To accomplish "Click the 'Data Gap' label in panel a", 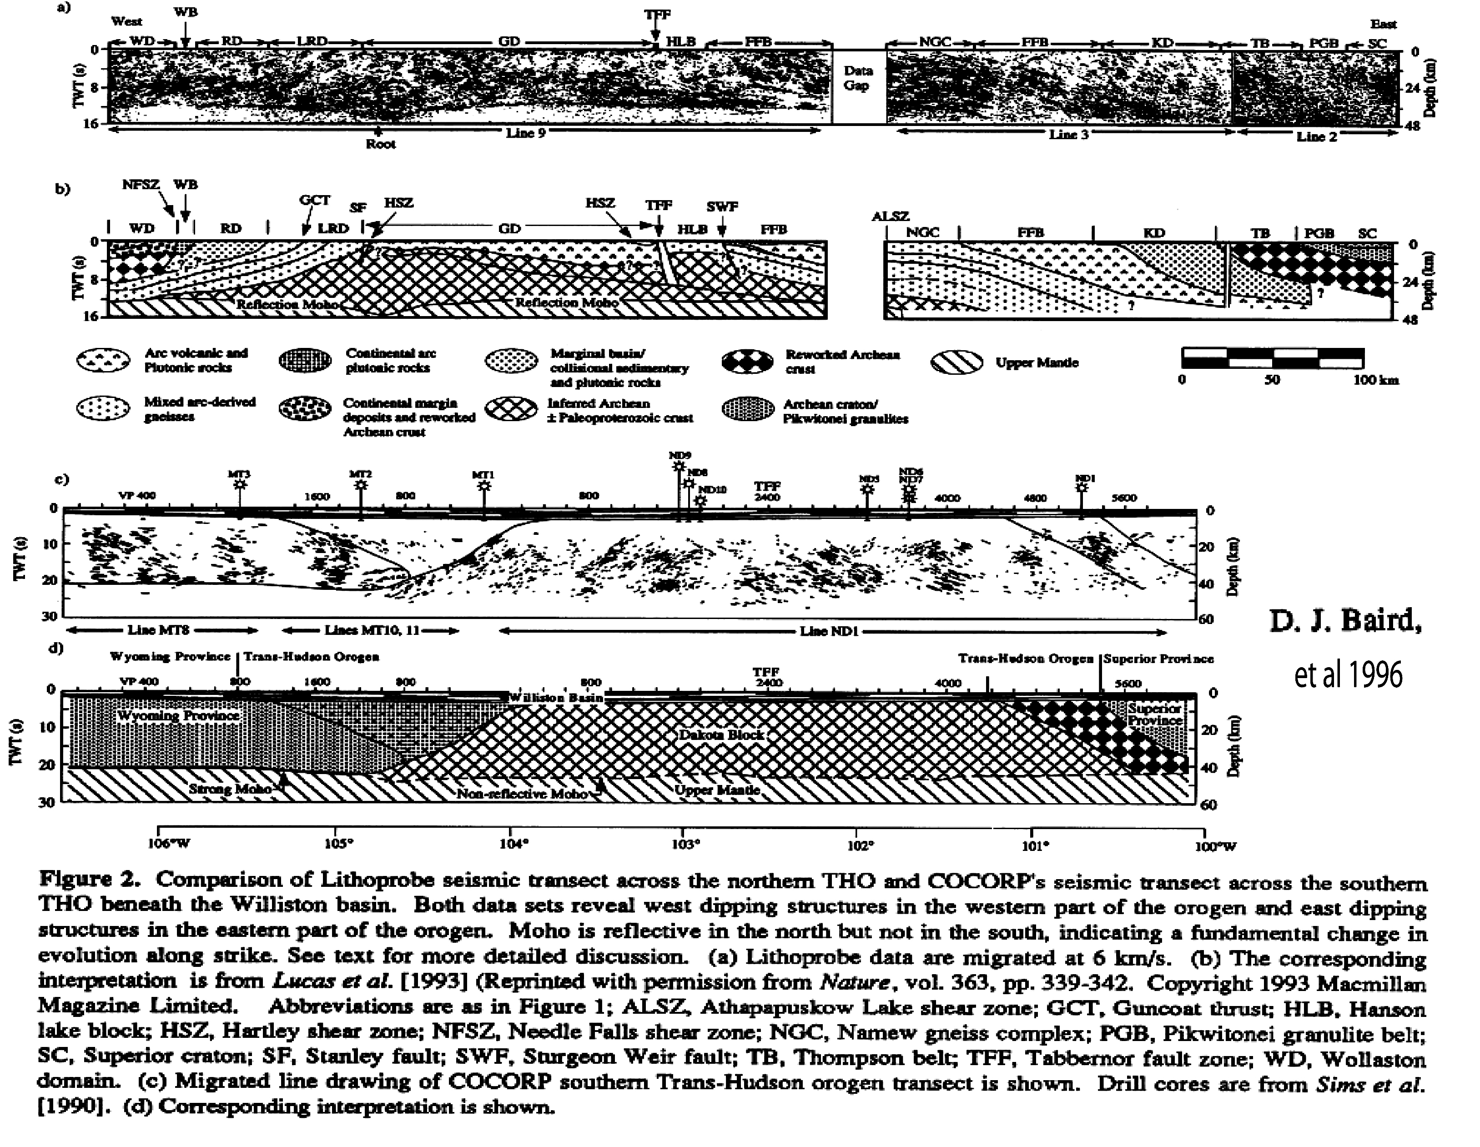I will tap(857, 78).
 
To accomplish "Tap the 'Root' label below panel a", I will tap(380, 144).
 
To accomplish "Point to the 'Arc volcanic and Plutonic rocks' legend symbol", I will tap(103, 361).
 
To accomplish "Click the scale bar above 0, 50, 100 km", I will tap(1273, 358).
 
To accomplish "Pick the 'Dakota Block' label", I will tap(722, 735).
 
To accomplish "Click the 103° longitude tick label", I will tap(685, 844).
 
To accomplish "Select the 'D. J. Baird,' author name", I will tap(1345, 621).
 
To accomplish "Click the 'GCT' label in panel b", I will tap(314, 201).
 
